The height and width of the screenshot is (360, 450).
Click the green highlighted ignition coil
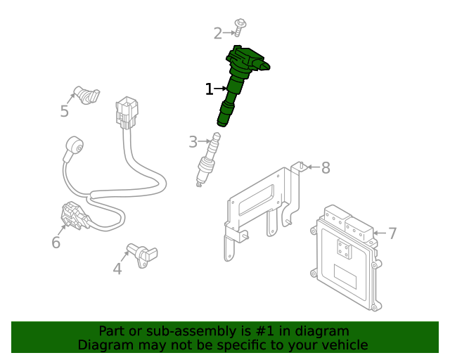pyautogui.click(x=240, y=81)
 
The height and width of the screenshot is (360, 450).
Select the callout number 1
pyautogui.click(x=209, y=89)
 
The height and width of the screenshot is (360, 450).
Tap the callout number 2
pyautogui.click(x=218, y=32)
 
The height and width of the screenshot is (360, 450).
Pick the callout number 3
pyautogui.click(x=193, y=143)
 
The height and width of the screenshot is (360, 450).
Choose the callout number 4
pyautogui.click(x=117, y=268)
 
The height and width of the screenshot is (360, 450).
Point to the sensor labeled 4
pyautogui.click(x=143, y=252)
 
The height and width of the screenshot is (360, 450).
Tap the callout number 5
pyautogui.click(x=64, y=111)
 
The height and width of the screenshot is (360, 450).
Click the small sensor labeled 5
pyautogui.click(x=86, y=94)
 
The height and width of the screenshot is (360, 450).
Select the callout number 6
pyautogui.click(x=56, y=243)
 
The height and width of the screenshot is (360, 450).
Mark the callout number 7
pyautogui.click(x=392, y=233)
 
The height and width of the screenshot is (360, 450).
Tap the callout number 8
pyautogui.click(x=325, y=167)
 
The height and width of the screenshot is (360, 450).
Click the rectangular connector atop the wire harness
pyautogui.click(x=127, y=112)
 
